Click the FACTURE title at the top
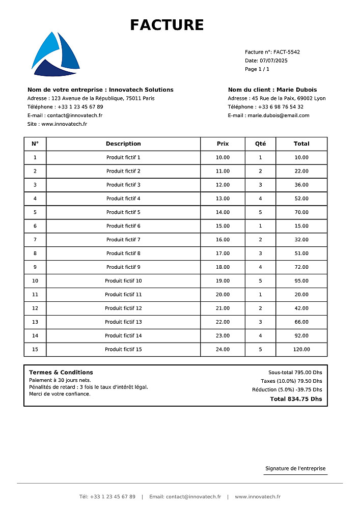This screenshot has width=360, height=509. [x=167, y=25]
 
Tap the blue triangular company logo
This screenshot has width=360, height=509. [x=55, y=55]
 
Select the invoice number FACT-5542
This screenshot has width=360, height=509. [x=287, y=52]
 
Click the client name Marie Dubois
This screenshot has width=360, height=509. [x=296, y=90]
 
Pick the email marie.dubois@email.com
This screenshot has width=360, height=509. [x=279, y=116]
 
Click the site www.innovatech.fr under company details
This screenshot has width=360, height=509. [x=64, y=124]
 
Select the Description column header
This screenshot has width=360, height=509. [x=123, y=144]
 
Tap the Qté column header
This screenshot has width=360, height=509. [x=260, y=144]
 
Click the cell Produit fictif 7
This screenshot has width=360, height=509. [x=123, y=240]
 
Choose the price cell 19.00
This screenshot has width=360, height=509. [x=223, y=281]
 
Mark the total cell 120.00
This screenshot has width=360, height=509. [x=301, y=350]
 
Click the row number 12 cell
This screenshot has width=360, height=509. [x=35, y=308]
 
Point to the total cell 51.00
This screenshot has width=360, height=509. [x=301, y=253]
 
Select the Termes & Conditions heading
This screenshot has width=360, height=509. [x=61, y=373]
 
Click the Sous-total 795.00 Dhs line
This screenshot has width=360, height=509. [x=295, y=373]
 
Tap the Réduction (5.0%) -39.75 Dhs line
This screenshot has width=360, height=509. [x=287, y=390]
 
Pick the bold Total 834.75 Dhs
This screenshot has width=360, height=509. [x=296, y=399]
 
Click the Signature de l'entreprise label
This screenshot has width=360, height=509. [x=295, y=468]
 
